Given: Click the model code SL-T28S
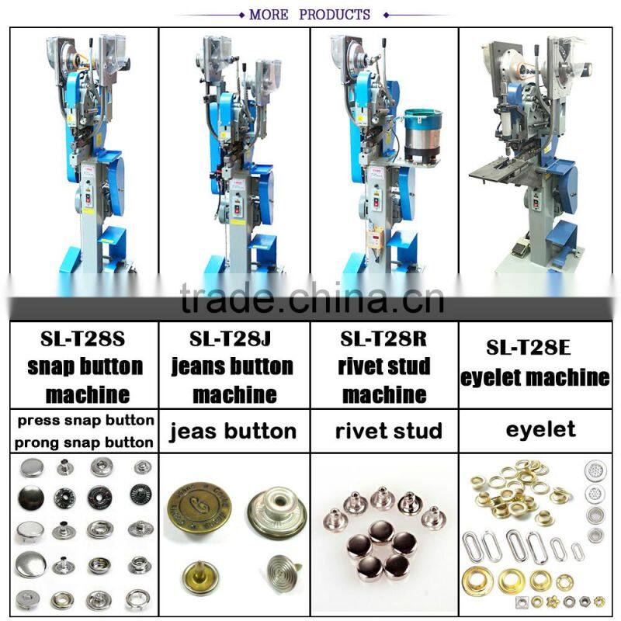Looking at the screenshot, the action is click(x=83, y=339).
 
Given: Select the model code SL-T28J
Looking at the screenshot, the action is click(x=231, y=339).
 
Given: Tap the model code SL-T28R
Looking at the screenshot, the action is click(x=383, y=339).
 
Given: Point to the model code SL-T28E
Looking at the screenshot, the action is click(x=529, y=348).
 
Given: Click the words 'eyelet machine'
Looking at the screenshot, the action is click(x=535, y=377).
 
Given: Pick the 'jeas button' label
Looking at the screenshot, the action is click(x=233, y=431).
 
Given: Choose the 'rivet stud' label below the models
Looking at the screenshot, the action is click(x=389, y=431).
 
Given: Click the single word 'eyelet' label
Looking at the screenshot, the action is click(x=540, y=430).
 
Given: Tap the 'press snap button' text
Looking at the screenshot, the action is click(x=85, y=421).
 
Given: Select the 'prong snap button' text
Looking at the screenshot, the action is click(x=84, y=442).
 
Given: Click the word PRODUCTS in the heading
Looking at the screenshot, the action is click(x=335, y=15).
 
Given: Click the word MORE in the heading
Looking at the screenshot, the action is click(x=269, y=15).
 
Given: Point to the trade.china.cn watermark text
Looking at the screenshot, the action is click(x=312, y=299).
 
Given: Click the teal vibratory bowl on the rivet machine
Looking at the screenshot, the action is click(x=422, y=134).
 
